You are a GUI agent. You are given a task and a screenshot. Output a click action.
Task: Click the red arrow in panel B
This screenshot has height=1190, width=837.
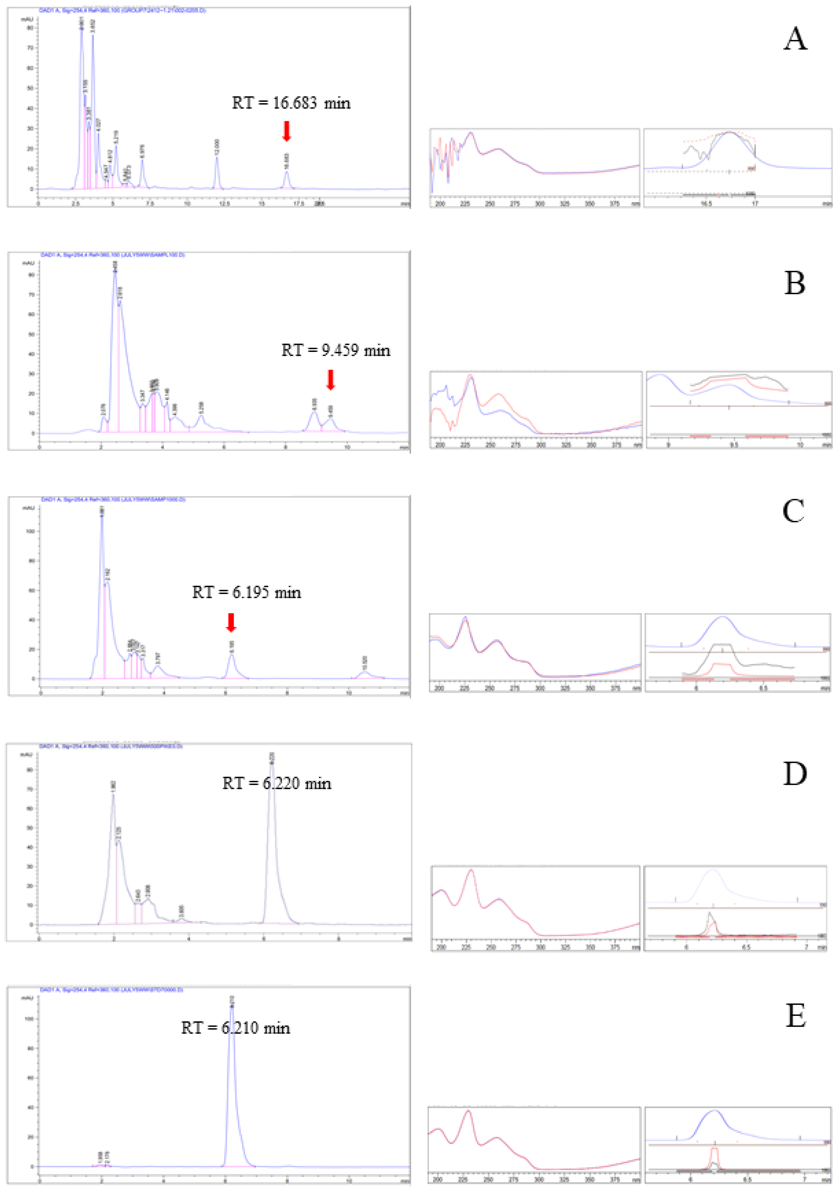330,379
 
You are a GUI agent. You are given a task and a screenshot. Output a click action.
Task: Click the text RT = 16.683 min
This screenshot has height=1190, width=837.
291,103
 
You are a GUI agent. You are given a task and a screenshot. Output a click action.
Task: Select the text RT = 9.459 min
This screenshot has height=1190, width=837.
336,350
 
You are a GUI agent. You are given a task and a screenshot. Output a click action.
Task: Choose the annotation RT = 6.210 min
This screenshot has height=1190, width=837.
236,1028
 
